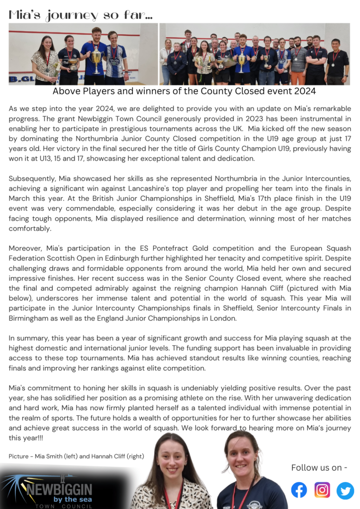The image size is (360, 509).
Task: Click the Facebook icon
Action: pyautogui.click(x=299, y=490)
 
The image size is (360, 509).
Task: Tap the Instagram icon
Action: pyautogui.click(x=322, y=490)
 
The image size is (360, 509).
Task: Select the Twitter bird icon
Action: pyautogui.click(x=345, y=490)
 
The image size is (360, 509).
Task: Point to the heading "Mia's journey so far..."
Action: pyautogui.click(x=80, y=15)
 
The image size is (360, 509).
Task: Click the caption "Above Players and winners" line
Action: pyautogui.click(x=184, y=91)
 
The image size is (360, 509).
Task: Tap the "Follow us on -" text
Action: pyautogui.click(x=319, y=467)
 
